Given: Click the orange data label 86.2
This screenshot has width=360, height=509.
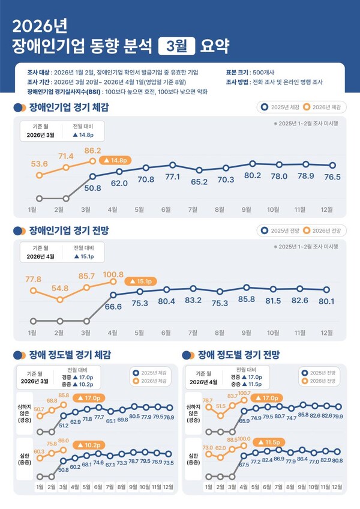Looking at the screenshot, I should tap(92, 151).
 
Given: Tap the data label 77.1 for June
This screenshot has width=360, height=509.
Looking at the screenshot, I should tap(173, 177).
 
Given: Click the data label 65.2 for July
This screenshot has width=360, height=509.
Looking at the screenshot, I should tap(199, 181).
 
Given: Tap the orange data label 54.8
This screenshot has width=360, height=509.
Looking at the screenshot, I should tap(60, 288).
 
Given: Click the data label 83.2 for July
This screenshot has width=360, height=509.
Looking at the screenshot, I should tap(193, 300).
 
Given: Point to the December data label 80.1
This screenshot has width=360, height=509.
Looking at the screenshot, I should tap(326, 301).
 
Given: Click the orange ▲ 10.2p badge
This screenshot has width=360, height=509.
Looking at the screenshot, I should tap(88, 445).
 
